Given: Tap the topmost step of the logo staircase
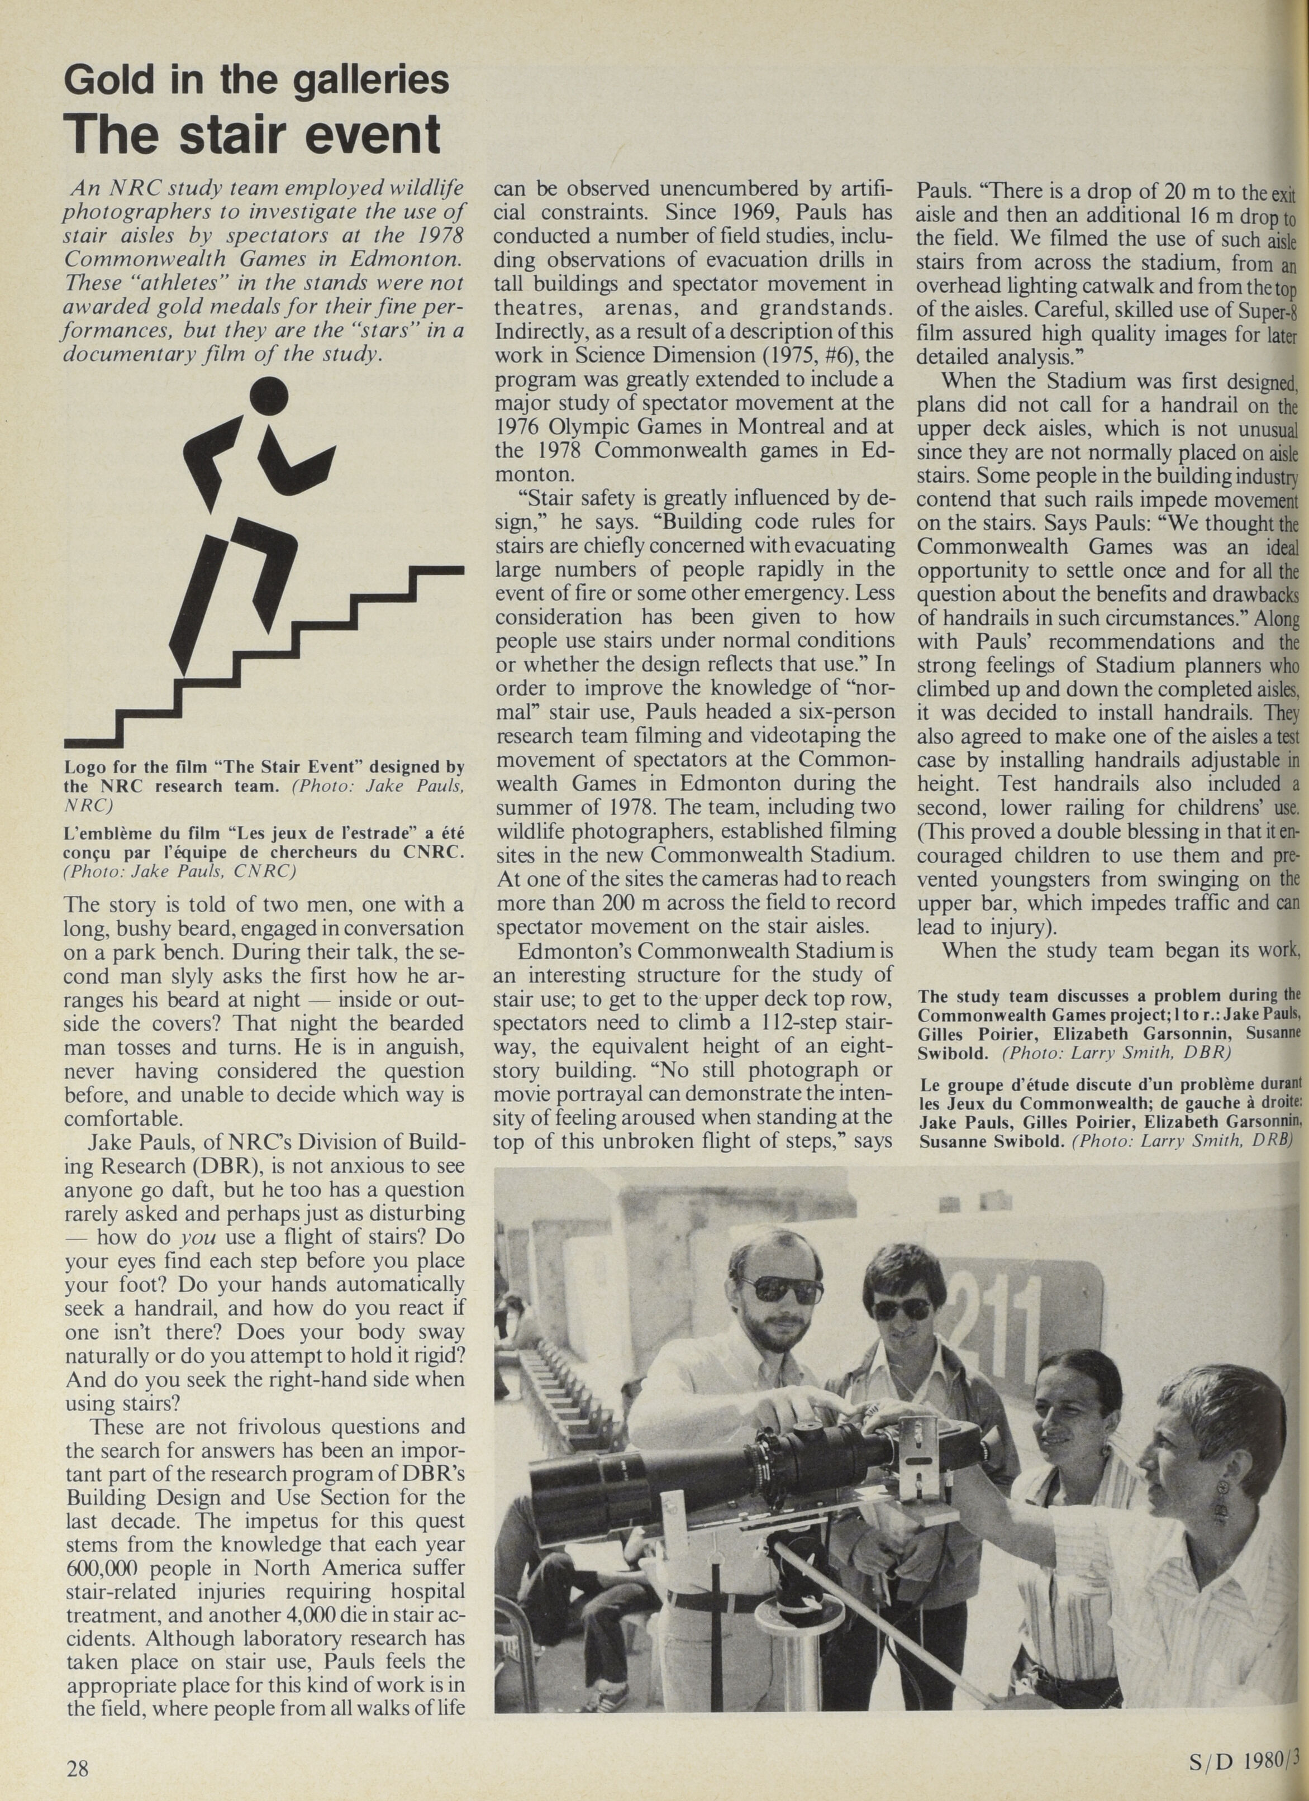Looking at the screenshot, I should point(439,569).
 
